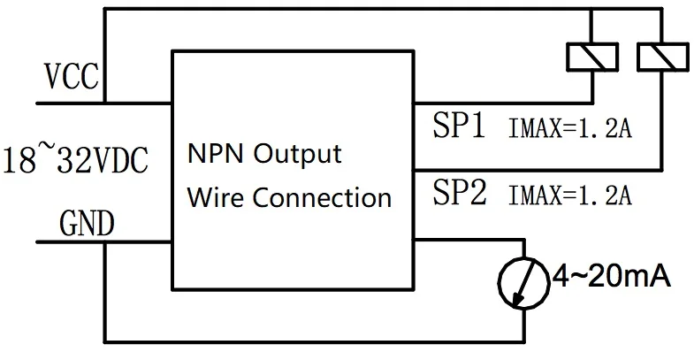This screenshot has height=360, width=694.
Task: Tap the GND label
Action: [x=85, y=225]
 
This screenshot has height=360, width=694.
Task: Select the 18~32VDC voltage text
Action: [x=75, y=162]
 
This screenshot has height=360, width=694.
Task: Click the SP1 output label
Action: [x=459, y=126]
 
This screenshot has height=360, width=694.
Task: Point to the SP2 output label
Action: [x=459, y=192]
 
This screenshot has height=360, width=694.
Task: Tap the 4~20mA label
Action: [x=609, y=279]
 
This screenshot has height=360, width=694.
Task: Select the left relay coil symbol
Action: [x=589, y=57]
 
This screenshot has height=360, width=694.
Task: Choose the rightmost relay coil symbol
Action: [x=660, y=57]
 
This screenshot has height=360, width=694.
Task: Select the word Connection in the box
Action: [x=322, y=196]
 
